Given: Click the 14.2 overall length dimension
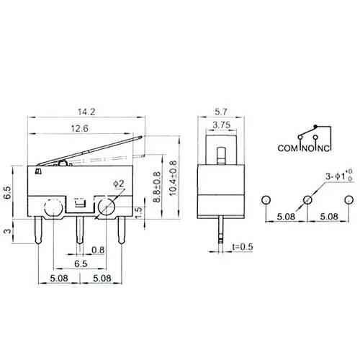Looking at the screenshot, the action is point(86,112).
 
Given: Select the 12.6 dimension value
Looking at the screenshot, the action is point(80,128).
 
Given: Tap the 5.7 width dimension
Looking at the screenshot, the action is point(221,112).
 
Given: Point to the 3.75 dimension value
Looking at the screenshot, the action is point(222,125).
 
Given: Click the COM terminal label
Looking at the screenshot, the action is point(287,148).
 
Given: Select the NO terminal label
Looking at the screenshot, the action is point(307,148).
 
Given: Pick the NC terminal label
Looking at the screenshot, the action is point(324,148).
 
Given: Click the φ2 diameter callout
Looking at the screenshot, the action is point(119,184).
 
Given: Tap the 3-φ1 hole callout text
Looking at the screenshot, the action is point(338,176).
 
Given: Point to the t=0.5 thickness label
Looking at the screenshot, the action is point(243,246).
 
